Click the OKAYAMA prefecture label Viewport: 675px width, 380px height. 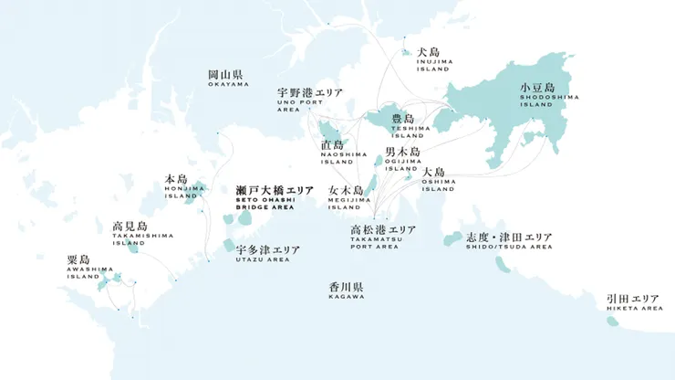coord(228,78)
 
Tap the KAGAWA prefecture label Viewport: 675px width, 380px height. coord(347,290)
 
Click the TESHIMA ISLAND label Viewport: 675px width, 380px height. coord(403,123)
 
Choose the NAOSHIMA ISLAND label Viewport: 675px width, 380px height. coord(332,150)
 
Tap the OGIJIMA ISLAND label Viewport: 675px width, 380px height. coord(402,157)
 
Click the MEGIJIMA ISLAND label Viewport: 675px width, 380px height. coord(346,196)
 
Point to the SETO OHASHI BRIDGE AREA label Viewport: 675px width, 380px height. coord(262,196)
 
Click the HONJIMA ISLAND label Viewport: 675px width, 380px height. coord(176,186)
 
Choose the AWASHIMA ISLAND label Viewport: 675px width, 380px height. coord(90,267)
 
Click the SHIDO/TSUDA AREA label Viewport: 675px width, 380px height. coord(508,240)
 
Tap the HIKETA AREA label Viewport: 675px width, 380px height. coord(633,303)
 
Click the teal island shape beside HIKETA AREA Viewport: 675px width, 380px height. coord(613,321)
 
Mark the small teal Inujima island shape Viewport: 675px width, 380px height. coord(407,52)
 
